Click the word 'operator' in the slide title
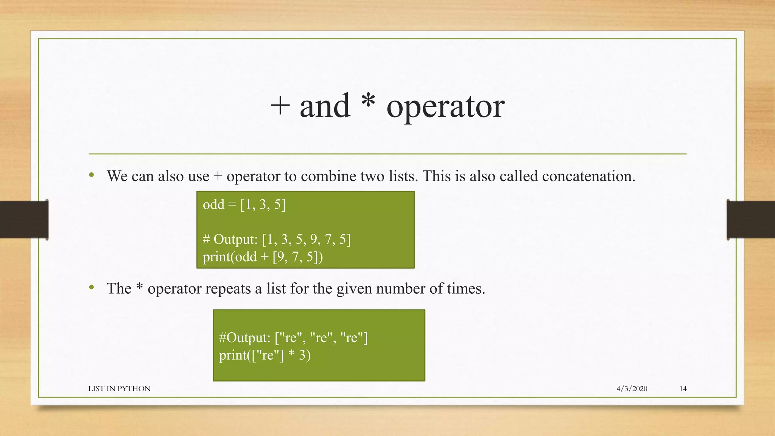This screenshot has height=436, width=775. [445, 107]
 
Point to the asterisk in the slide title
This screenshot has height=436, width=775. [368, 101]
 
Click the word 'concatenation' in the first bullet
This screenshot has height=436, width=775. [588, 176]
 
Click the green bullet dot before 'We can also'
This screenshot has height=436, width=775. [92, 175]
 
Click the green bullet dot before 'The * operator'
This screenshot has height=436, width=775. [92, 287]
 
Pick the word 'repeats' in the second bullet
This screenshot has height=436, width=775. [228, 289]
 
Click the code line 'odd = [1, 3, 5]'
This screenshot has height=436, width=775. [244, 204]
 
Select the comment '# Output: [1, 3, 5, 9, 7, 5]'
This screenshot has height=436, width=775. [277, 239]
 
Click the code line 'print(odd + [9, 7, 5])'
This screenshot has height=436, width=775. [263, 257]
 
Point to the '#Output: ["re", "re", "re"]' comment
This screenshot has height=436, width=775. [293, 337]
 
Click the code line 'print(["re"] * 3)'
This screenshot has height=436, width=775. [265, 355]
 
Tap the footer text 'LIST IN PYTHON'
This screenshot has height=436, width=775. [119, 389]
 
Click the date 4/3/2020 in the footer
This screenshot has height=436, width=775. [632, 389]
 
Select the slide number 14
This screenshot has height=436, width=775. [683, 389]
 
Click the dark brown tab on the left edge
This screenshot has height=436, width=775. [24, 220]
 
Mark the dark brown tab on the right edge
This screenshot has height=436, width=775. [751, 220]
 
